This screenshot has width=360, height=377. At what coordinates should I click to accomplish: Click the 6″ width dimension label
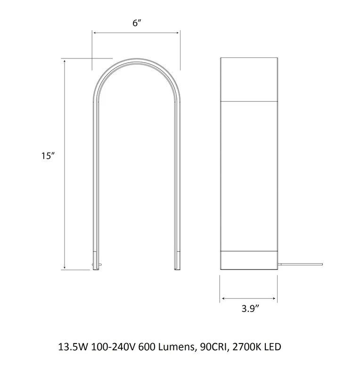tap(137, 23)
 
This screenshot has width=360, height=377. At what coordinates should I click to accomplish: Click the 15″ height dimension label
tap(48, 156)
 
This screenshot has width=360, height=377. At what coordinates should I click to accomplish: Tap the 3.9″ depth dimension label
tap(250, 309)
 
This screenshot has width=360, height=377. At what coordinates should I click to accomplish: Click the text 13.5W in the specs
tap(73, 347)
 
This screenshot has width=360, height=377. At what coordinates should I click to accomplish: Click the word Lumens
tap(176, 347)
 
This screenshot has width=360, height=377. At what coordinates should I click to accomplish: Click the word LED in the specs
tap(273, 347)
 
